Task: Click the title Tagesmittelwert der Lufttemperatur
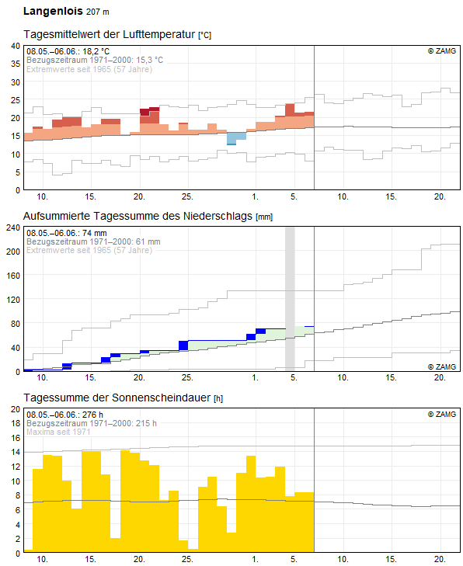(109, 34)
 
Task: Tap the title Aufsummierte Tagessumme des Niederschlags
(138, 216)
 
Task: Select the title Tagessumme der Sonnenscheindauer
(117, 398)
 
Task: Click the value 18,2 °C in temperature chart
(96, 51)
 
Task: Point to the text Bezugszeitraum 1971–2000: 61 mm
(93, 241)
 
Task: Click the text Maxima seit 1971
(58, 432)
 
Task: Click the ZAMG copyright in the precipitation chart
(442, 366)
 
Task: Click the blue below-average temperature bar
(237, 139)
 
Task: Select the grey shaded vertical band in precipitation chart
(290, 299)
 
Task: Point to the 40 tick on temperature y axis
(16, 46)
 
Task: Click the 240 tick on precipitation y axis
(13, 227)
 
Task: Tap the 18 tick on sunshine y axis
(16, 423)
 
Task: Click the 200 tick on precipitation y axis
(13, 252)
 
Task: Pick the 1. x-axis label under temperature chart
(255, 196)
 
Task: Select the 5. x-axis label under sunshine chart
(294, 559)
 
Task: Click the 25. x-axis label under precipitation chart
(187, 377)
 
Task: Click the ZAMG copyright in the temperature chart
(442, 51)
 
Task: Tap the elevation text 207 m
(98, 12)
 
